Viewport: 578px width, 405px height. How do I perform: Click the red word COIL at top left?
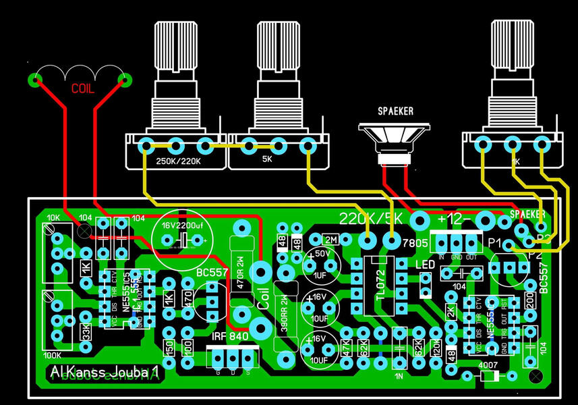(83, 88)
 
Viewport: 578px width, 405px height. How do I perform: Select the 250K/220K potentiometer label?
(178, 162)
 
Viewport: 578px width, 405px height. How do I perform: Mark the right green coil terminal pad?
(124, 80)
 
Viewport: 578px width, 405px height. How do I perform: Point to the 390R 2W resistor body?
(283, 317)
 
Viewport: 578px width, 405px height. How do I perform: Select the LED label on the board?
(425, 265)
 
